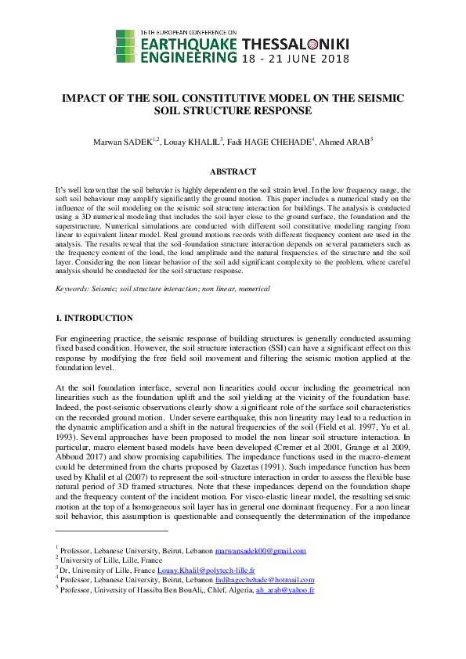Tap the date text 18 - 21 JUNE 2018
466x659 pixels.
point(295,59)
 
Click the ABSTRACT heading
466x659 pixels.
point(233,171)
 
